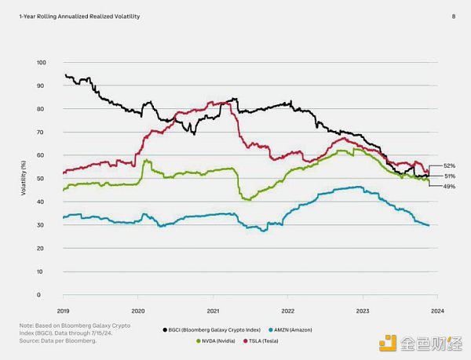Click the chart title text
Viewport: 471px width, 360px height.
[74, 16]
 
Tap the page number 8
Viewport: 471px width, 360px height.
[453, 16]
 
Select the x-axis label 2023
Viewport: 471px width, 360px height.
[363, 311]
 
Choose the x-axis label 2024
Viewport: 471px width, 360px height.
[437, 311]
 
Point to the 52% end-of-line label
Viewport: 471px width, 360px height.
[450, 166]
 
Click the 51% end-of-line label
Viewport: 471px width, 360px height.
[450, 176]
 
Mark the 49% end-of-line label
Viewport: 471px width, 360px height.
[450, 186]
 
